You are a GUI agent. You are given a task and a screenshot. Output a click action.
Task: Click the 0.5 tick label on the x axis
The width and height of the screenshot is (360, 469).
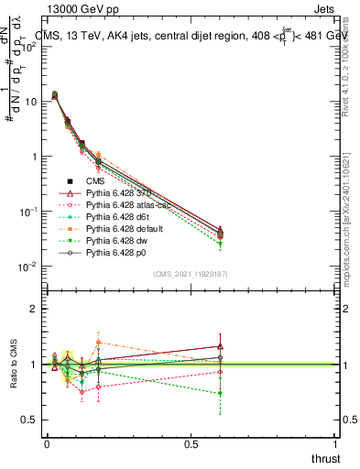(191, 443)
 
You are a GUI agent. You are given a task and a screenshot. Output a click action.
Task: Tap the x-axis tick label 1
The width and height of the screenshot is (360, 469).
(336, 443)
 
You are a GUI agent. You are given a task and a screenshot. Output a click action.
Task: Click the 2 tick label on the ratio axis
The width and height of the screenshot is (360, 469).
(33, 309)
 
